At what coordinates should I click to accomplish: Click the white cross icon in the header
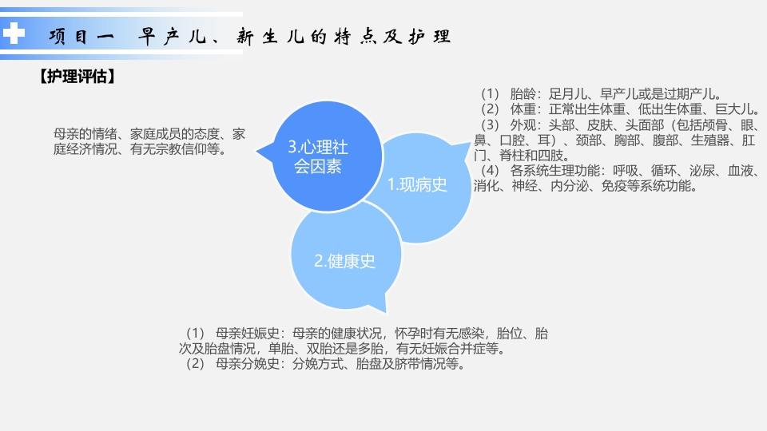(14, 34)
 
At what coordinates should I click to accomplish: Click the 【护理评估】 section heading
(78, 77)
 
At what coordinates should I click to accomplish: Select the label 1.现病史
(417, 185)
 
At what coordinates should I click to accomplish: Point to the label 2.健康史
(344, 260)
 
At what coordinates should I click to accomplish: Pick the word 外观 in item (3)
(523, 126)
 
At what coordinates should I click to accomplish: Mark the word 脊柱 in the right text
(510, 156)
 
